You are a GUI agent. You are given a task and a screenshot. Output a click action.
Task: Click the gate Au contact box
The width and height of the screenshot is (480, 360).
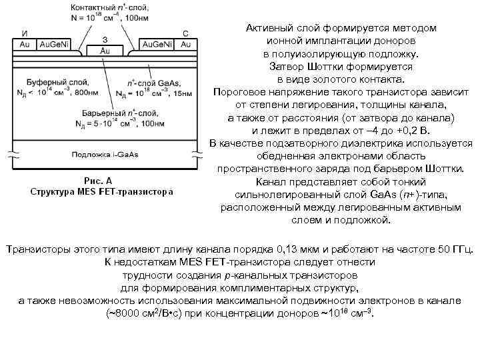point(105,51)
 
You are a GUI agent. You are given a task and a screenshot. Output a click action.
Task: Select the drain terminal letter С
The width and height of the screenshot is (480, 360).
point(185,32)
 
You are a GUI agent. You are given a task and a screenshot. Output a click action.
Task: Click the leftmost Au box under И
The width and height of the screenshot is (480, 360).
point(24,44)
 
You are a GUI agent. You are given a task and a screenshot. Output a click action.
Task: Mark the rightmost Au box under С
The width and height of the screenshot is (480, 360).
point(185,44)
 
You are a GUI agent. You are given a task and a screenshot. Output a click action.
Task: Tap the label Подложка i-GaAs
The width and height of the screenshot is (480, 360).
point(104,155)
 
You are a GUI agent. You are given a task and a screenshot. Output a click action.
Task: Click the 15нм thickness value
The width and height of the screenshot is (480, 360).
point(181,94)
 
